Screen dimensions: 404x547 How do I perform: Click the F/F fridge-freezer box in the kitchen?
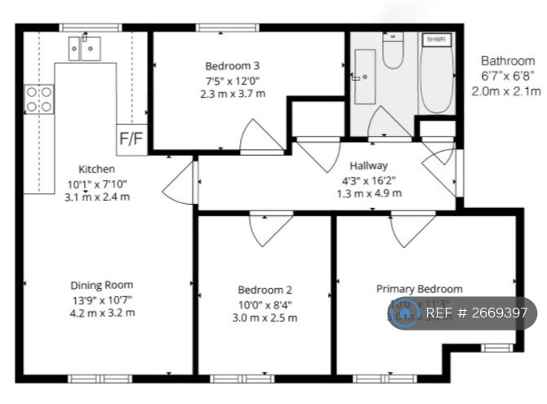tap(131, 139)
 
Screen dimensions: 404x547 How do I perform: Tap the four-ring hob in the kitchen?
tap(39, 100)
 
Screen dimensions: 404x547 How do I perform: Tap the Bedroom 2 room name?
tap(265, 290)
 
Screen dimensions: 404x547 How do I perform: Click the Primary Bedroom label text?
tap(419, 289)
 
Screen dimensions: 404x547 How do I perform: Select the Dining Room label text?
tap(102, 285)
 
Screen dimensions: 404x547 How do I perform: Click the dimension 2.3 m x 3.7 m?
tap(233, 94)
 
